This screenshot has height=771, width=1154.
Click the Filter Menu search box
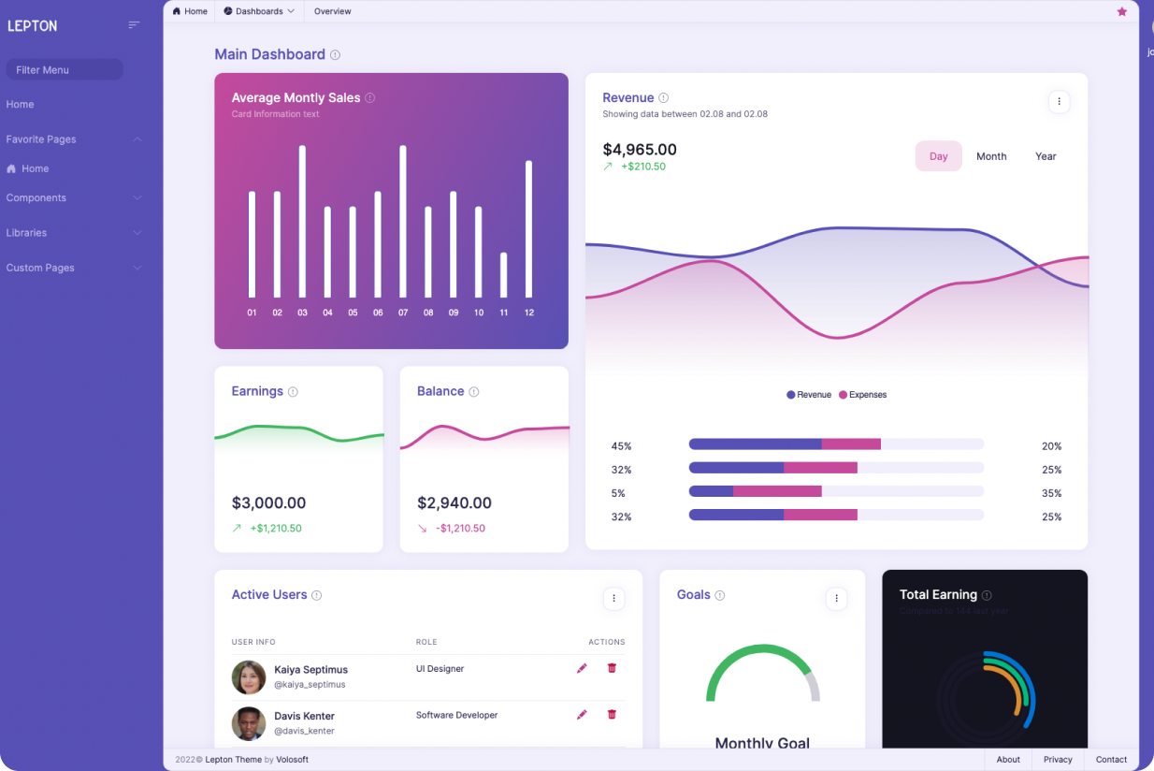coord(64,70)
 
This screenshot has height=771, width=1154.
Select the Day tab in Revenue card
coord(938,156)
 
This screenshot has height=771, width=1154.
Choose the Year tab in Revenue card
coord(1046,156)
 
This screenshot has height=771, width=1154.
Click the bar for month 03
coord(302,221)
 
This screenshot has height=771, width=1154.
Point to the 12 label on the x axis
coord(529,313)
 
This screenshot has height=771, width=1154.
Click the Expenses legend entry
coord(863,395)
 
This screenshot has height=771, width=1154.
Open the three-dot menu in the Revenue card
coord(1059,101)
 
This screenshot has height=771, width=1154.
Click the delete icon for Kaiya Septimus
coord(613,668)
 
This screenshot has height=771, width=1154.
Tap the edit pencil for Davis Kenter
coord(582,714)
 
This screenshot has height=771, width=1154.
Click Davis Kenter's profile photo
coord(249,723)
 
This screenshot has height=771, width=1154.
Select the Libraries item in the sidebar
coord(26,233)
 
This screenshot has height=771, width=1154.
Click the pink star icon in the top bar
coord(1122,11)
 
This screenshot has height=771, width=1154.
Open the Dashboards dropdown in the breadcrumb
coord(260,11)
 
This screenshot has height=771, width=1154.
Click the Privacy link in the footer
coord(1058,760)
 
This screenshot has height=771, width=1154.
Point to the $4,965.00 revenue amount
coord(640,150)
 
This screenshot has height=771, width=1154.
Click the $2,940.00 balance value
coord(454,503)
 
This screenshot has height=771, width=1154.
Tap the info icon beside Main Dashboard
coord(336,55)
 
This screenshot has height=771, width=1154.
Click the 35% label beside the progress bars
coord(1051,493)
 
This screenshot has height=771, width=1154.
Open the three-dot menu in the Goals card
coord(837,599)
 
